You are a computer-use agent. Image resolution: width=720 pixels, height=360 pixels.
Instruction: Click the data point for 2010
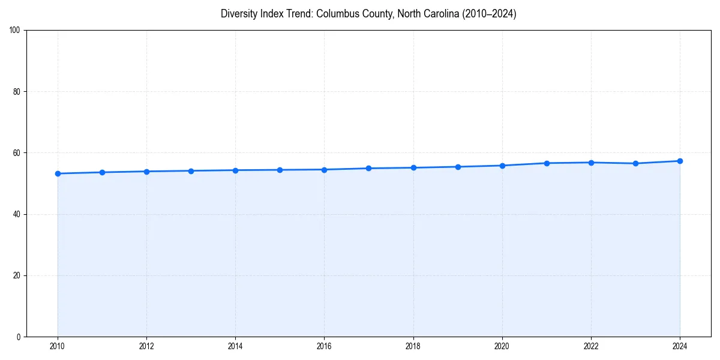pyautogui.click(x=58, y=173)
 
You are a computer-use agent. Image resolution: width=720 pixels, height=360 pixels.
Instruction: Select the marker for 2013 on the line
pyautogui.click(x=191, y=171)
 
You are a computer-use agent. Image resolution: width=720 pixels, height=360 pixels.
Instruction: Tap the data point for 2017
pyautogui.click(x=368, y=168)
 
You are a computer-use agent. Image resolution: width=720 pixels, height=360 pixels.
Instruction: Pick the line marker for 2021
pyautogui.click(x=547, y=163)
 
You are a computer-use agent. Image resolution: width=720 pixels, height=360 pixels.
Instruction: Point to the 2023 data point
pyautogui.click(x=635, y=163)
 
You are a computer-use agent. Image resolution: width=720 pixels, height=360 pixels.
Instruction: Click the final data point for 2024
pyautogui.click(x=680, y=161)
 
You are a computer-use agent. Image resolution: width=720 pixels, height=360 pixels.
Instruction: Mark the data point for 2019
pyautogui.click(x=458, y=167)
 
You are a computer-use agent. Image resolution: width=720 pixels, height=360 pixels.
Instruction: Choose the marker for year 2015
pyautogui.click(x=280, y=170)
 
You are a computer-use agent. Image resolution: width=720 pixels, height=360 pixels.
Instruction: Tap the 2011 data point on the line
pyautogui.click(x=102, y=172)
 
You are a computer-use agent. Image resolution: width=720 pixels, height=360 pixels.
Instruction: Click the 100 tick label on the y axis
pyautogui.click(x=15, y=31)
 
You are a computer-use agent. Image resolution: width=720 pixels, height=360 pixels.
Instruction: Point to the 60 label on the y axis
pyautogui.click(x=17, y=153)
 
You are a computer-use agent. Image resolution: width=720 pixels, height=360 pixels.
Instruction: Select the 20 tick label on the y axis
pyautogui.click(x=17, y=275)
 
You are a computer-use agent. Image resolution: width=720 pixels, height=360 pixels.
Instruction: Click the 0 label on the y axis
pyautogui.click(x=19, y=337)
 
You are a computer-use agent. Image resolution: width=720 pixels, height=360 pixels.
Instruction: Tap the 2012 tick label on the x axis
pyautogui.click(x=146, y=346)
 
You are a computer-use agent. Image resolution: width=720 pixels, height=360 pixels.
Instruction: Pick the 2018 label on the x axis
pyautogui.click(x=413, y=346)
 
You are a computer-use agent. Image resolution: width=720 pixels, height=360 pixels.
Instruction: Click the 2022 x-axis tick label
pyautogui.click(x=591, y=346)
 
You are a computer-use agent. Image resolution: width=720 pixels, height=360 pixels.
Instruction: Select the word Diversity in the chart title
pyautogui.click(x=238, y=14)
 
